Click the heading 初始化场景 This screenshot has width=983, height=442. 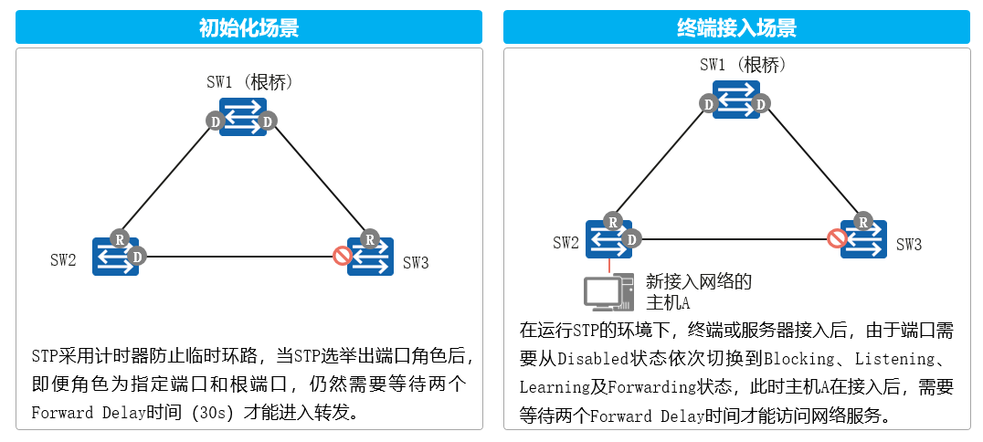248,27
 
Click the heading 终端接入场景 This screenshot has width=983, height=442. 736,27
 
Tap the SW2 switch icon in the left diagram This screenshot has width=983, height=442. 115,257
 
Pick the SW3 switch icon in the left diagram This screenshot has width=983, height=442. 371,257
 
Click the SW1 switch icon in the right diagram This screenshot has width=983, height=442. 736,100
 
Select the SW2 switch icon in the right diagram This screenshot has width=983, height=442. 608,238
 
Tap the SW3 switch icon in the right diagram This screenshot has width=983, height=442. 864,238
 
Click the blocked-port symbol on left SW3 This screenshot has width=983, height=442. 343,256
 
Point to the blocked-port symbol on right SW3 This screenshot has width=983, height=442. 836,238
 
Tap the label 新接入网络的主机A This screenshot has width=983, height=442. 698,291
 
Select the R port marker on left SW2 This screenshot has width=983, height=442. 119,238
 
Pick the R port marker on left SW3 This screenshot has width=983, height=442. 369,239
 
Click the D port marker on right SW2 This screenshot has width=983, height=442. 630,238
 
